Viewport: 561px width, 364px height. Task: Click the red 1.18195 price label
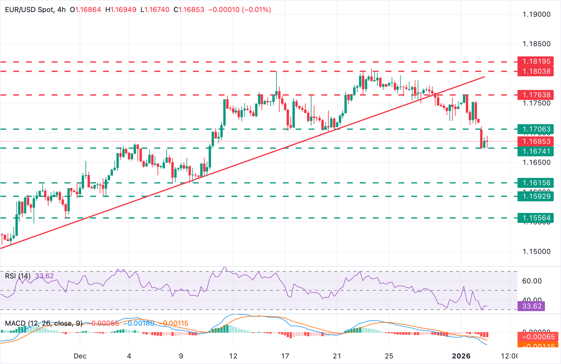pyautogui.click(x=535, y=61)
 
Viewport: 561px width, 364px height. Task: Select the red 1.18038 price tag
pyautogui.click(x=535, y=71)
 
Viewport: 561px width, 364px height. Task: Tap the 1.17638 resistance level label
pyautogui.click(x=535, y=95)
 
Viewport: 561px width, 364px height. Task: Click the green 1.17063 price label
pyautogui.click(x=535, y=129)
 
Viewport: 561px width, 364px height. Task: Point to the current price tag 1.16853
pyautogui.click(x=535, y=141)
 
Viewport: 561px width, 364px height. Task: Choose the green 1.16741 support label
pyautogui.click(x=535, y=151)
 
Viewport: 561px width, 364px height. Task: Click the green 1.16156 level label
pyautogui.click(x=535, y=183)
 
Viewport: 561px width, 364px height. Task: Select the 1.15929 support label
pyautogui.click(x=535, y=196)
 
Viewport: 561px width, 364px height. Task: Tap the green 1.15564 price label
pyautogui.click(x=535, y=218)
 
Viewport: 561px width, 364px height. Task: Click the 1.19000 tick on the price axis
pyautogui.click(x=536, y=15)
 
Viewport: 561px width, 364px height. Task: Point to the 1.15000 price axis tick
pyautogui.click(x=536, y=251)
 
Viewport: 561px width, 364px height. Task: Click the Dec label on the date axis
pyautogui.click(x=80, y=356)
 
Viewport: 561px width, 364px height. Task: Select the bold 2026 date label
pyautogui.click(x=461, y=356)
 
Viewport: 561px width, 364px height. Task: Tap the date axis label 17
pyautogui.click(x=285, y=356)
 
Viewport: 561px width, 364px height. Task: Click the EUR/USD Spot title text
pyautogui.click(x=29, y=10)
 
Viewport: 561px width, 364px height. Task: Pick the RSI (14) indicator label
pyautogui.click(x=18, y=276)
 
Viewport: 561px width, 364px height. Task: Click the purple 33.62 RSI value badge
pyautogui.click(x=531, y=306)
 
